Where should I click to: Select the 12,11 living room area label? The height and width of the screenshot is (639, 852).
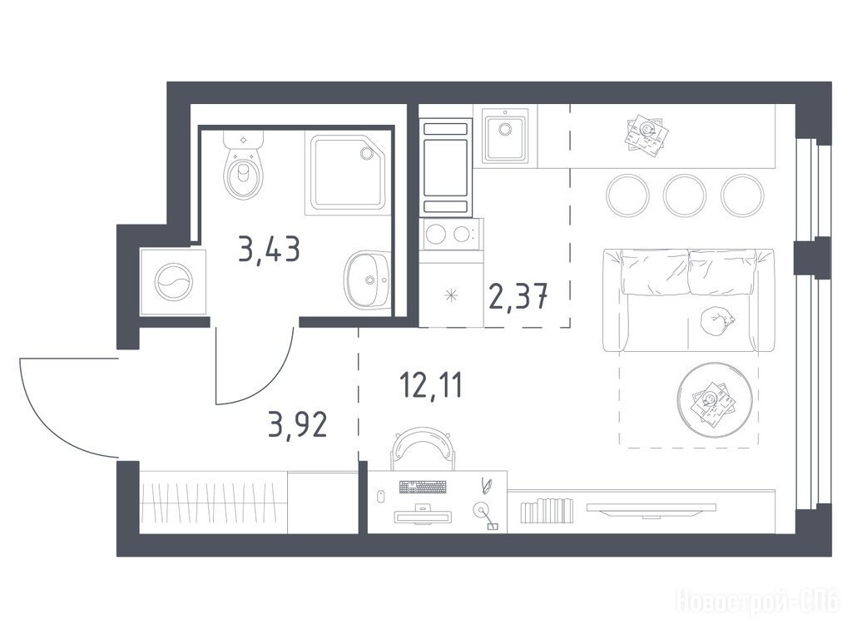point(431,384)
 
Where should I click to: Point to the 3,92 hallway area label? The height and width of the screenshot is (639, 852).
point(298,424)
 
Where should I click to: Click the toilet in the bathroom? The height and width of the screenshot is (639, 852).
point(244,165)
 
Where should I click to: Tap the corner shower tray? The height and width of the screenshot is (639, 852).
point(348,172)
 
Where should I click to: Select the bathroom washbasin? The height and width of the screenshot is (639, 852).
point(367,280)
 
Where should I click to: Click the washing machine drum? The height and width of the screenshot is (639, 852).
point(173,282)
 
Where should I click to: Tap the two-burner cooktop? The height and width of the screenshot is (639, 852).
point(451,234)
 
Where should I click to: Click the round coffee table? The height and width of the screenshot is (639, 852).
point(715,399)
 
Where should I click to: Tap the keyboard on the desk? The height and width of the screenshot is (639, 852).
point(423,487)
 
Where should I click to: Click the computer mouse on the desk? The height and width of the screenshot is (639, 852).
point(381,496)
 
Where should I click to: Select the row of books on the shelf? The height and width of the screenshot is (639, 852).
point(547,510)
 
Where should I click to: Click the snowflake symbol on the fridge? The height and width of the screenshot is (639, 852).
point(451,295)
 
